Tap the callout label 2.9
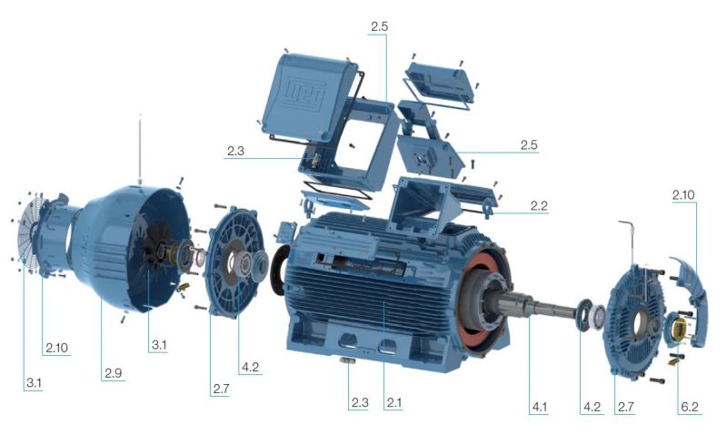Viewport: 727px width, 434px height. tap(113, 373)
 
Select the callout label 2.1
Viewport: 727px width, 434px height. tap(393, 402)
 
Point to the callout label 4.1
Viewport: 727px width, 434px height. tap(540, 407)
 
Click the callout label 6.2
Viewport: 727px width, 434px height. tap(690, 407)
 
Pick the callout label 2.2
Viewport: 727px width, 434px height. tap(539, 205)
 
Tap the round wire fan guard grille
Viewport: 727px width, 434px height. tap(29, 232)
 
